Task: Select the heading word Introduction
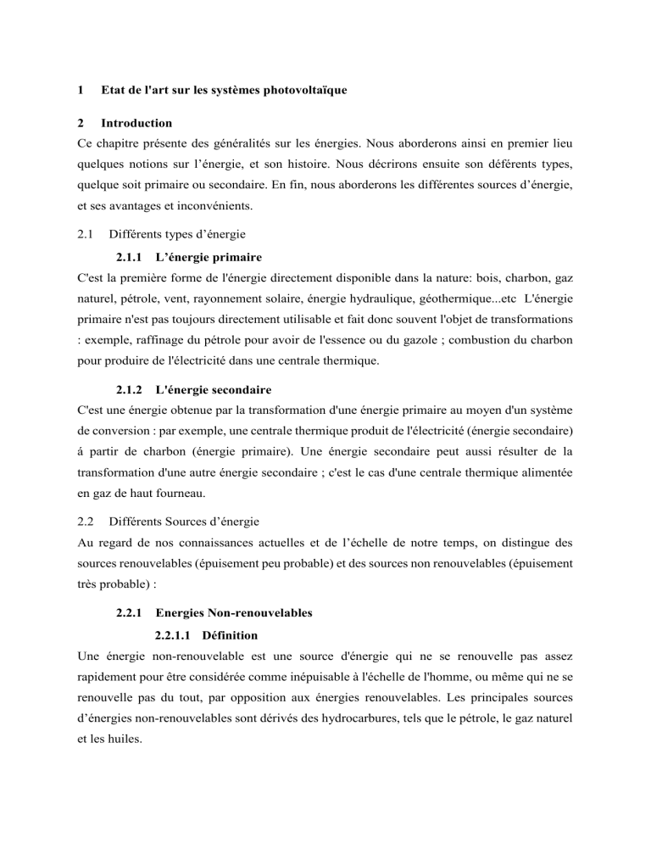click(x=136, y=123)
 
